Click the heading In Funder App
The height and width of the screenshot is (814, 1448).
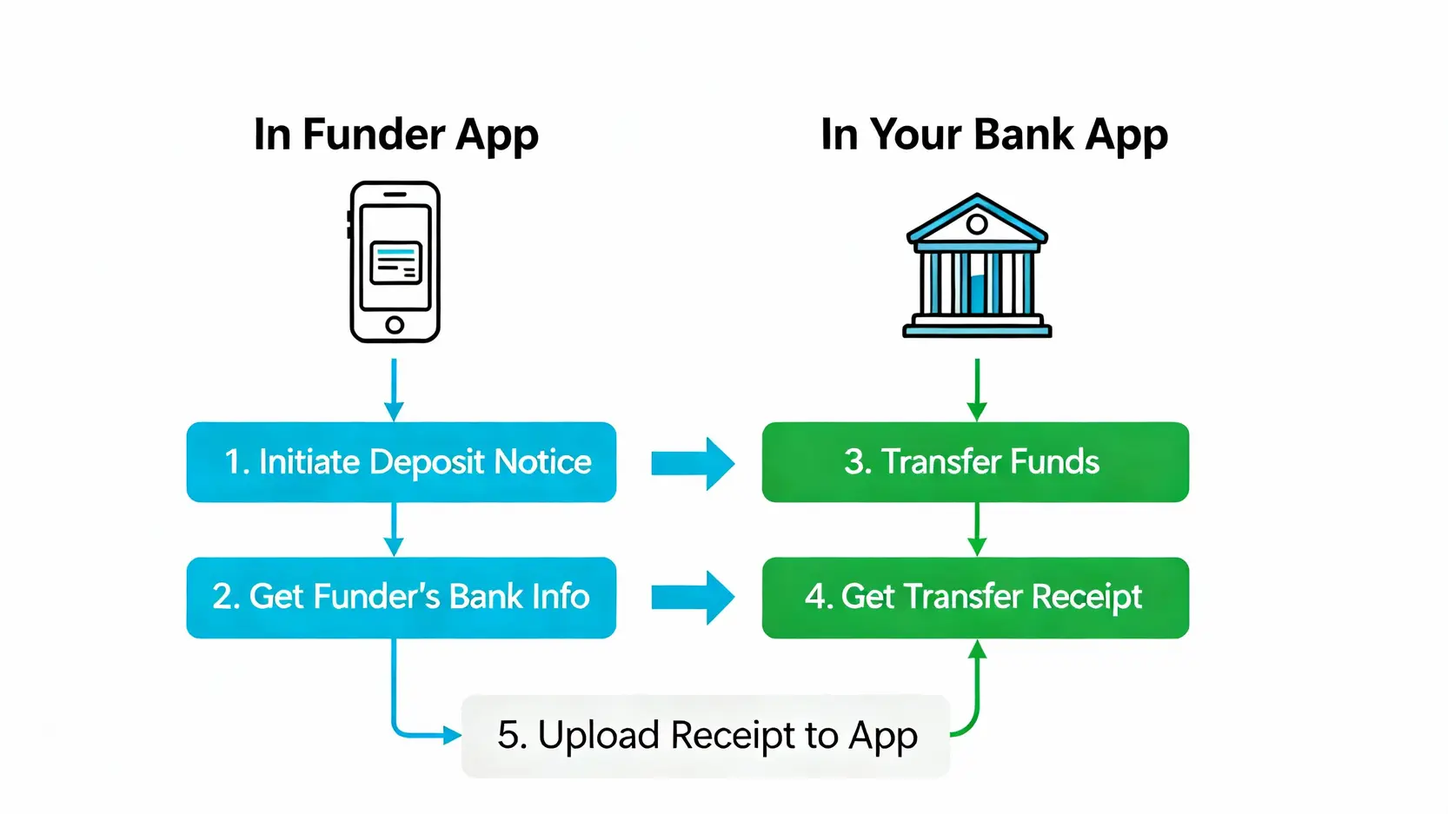pos(396,135)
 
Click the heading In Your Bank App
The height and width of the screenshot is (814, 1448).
pos(993,135)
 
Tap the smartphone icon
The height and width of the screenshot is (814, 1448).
pos(395,261)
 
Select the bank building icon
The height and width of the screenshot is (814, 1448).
pos(977,266)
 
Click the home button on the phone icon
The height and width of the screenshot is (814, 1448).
pos(395,325)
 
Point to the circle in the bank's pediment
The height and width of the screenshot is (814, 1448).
pos(977,224)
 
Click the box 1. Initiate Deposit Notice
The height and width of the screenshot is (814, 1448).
pos(402,462)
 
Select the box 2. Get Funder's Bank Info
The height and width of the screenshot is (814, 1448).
pos(402,598)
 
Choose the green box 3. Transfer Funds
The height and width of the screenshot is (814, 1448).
pos(975,462)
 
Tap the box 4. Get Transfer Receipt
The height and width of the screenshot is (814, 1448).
pos(975,598)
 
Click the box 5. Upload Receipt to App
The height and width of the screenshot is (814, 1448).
pos(706,736)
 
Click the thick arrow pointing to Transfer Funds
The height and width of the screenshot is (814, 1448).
pos(693,463)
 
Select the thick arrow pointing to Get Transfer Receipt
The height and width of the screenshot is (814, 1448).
pos(693,598)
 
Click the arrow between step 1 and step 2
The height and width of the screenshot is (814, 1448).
pos(394,529)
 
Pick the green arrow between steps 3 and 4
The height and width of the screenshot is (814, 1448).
pos(977,529)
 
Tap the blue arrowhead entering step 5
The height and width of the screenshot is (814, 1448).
pos(452,736)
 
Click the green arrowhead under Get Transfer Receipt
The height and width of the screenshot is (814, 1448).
pos(977,649)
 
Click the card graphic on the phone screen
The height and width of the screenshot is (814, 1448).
pos(395,262)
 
